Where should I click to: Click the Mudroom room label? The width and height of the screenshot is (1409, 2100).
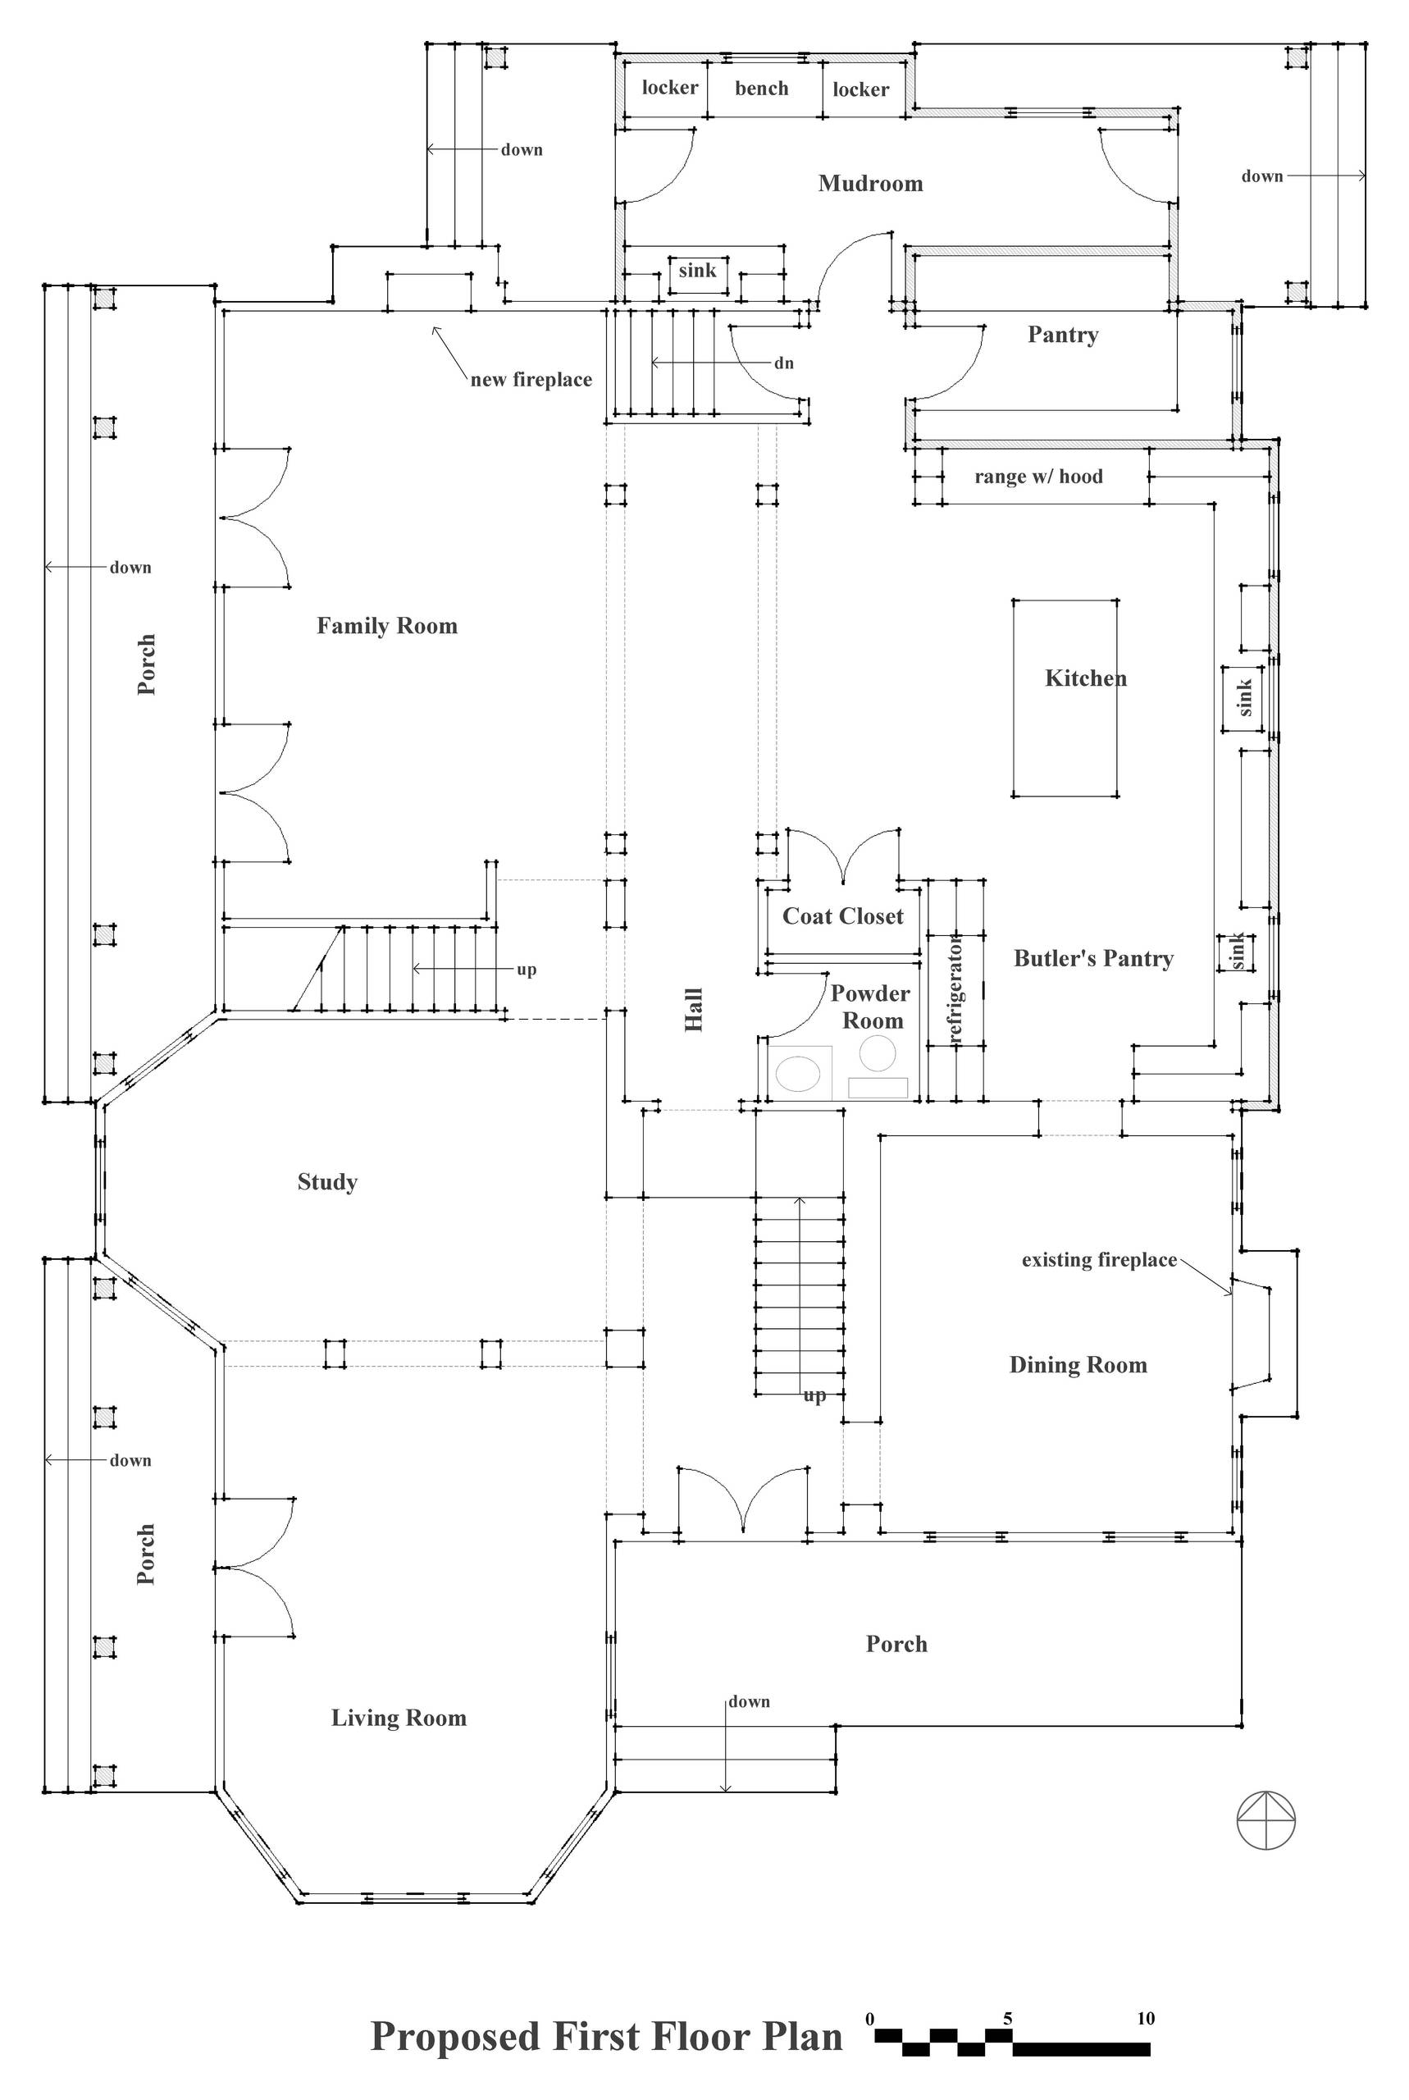click(x=870, y=183)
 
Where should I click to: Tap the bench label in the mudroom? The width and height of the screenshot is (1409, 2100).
click(x=761, y=88)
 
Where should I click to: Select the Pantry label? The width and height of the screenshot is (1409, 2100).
click(x=1062, y=336)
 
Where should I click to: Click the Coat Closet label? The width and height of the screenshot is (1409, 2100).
click(x=842, y=916)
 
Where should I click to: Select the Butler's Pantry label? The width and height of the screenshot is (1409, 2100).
click(x=1092, y=959)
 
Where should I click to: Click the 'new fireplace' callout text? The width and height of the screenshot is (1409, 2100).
click(x=531, y=380)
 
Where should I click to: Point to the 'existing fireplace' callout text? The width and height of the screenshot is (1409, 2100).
click(x=1098, y=1260)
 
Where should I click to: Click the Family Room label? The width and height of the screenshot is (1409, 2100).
click(x=386, y=627)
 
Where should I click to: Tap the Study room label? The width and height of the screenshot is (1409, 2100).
click(x=327, y=1181)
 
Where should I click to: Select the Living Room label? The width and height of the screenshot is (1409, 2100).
click(x=398, y=1718)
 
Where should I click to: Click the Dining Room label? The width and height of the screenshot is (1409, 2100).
click(x=1078, y=1365)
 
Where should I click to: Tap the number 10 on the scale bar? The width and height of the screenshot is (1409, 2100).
click(x=1145, y=2018)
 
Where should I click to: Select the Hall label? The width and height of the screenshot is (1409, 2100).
click(x=694, y=1010)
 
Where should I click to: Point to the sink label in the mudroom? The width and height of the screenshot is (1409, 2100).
click(x=696, y=271)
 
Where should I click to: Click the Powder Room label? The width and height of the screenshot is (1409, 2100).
click(x=870, y=1007)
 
